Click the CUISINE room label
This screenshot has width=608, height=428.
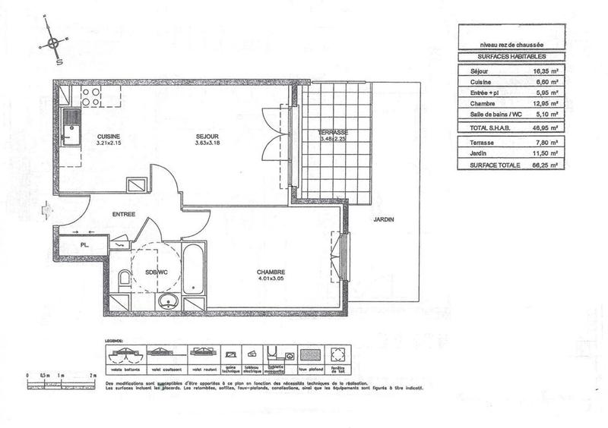[x=109, y=137]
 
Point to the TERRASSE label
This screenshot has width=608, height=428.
[x=333, y=133]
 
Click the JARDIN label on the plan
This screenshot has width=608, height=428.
[x=383, y=220]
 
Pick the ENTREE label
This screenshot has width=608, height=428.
[x=123, y=214]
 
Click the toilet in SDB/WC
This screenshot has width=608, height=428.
[x=125, y=279]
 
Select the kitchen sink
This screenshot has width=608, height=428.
[x=71, y=126]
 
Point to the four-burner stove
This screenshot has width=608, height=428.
[x=92, y=96]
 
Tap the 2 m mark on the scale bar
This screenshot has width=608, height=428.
[x=93, y=376]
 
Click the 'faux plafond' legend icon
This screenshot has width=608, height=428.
[x=311, y=355]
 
